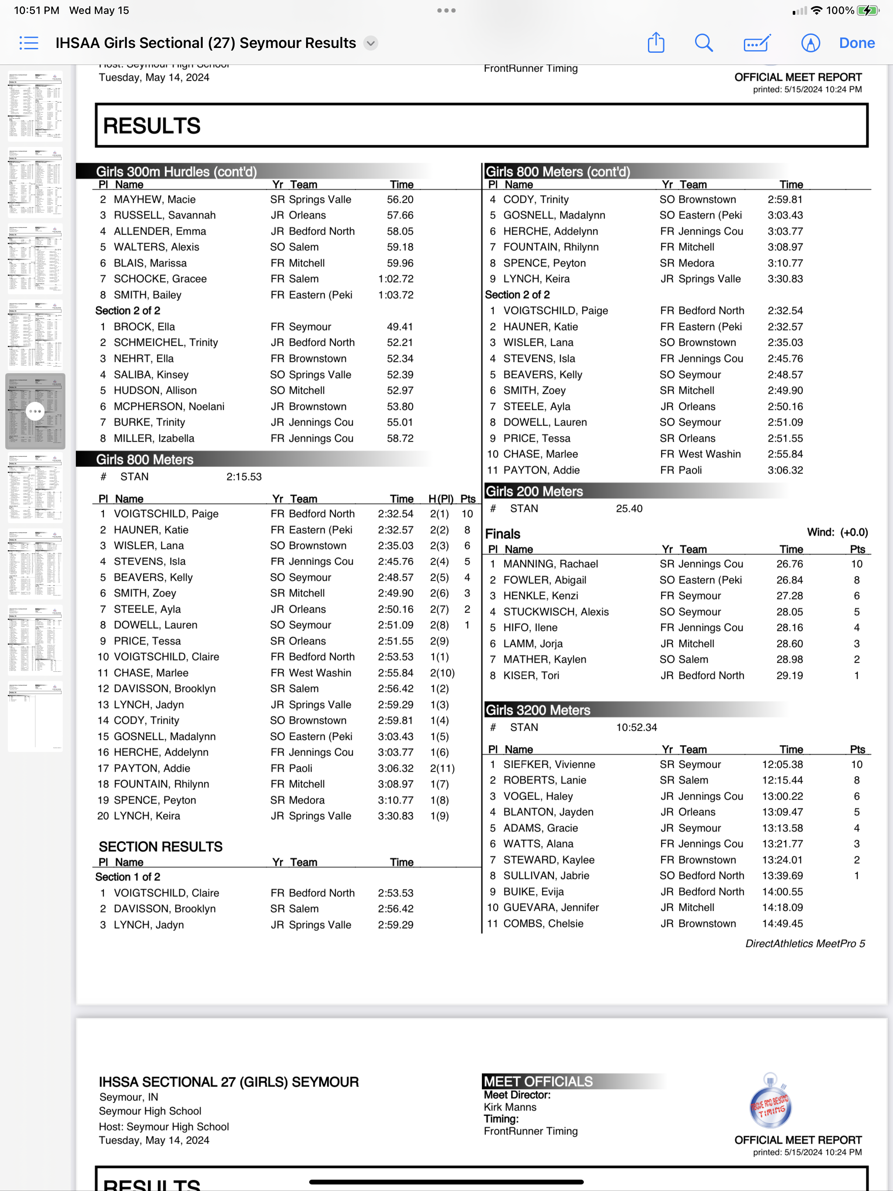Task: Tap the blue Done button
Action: click(x=856, y=43)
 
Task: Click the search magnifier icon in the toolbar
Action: click(x=703, y=43)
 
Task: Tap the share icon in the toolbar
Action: click(x=655, y=43)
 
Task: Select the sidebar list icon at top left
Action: click(x=28, y=43)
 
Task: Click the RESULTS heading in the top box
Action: click(x=152, y=126)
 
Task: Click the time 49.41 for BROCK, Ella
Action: click(x=400, y=327)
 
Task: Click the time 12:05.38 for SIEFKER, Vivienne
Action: click(x=782, y=764)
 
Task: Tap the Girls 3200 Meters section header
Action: click(x=538, y=710)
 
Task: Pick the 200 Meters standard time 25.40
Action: click(x=629, y=508)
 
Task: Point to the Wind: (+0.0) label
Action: click(x=837, y=532)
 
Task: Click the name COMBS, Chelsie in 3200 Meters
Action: click(x=543, y=923)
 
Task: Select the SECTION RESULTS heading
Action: click(x=160, y=847)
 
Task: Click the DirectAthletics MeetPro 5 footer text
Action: click(x=804, y=943)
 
